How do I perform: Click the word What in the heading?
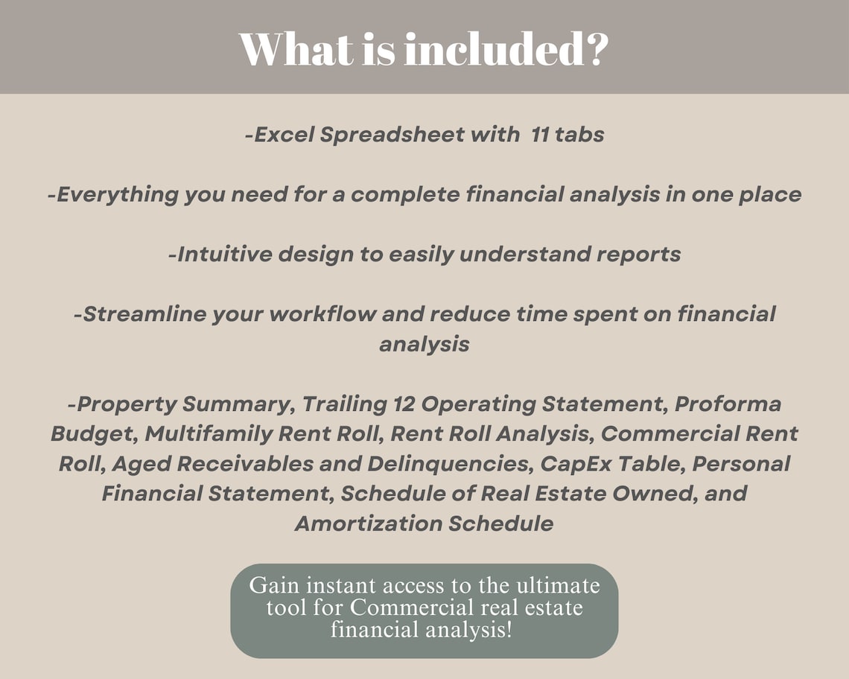click(296, 49)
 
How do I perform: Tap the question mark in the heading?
click(597, 49)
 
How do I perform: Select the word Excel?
click(284, 134)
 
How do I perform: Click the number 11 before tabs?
click(540, 134)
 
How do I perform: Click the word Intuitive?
click(224, 254)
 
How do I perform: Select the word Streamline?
click(145, 313)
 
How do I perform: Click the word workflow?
click(322, 313)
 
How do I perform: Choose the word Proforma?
click(728, 404)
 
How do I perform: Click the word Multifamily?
click(209, 434)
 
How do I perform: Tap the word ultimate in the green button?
click(558, 585)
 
